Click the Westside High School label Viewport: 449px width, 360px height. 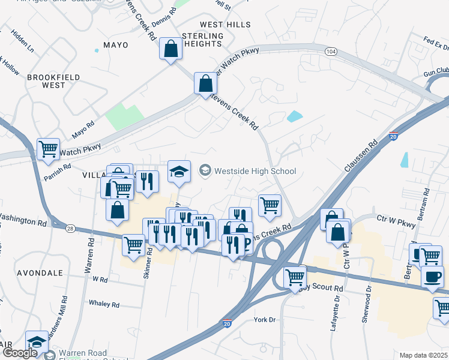point(255,171)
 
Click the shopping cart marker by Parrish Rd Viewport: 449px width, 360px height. point(48,149)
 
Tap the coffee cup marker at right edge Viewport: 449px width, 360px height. point(432,277)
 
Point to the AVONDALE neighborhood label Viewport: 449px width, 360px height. point(40,272)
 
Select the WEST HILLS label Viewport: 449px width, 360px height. point(225,25)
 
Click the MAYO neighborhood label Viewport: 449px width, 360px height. point(116,45)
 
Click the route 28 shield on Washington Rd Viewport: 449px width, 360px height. point(70,229)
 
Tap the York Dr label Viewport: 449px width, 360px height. point(264,320)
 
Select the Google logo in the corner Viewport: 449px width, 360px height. point(20,353)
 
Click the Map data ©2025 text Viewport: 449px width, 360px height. point(423,355)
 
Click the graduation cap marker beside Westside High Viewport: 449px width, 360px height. point(179,171)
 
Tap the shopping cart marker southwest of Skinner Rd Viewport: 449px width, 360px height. point(133,244)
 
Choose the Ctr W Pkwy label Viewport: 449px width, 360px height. point(395,224)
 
